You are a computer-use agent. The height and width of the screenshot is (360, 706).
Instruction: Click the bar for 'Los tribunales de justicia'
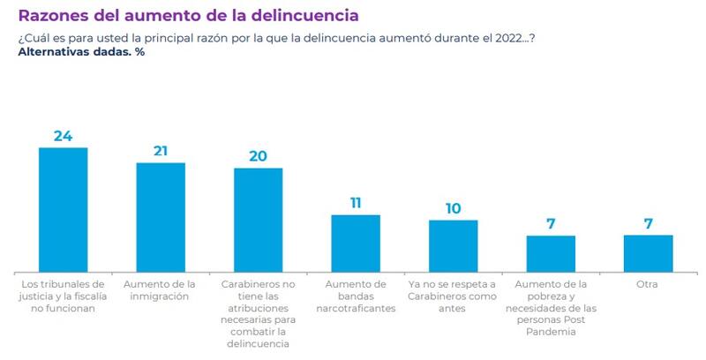click(x=63, y=209)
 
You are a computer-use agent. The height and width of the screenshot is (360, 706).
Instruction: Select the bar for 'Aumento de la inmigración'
click(x=161, y=217)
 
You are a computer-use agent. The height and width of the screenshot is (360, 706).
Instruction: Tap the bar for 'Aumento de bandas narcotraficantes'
click(x=356, y=243)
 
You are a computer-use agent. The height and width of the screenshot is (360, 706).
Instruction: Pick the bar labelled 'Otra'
click(x=648, y=253)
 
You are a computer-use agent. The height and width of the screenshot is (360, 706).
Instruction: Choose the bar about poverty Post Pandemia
click(x=551, y=253)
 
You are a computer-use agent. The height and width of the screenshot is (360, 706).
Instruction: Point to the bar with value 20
click(x=258, y=220)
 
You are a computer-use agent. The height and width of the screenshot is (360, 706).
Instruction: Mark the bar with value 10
click(x=453, y=245)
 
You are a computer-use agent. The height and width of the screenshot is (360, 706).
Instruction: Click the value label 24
click(x=63, y=136)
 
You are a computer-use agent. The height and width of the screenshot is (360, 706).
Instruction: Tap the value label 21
click(x=161, y=151)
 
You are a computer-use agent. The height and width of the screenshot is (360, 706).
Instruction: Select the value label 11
click(x=356, y=203)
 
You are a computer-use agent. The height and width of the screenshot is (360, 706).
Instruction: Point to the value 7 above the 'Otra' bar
click(x=648, y=223)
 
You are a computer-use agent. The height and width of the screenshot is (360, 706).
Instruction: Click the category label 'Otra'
click(x=648, y=285)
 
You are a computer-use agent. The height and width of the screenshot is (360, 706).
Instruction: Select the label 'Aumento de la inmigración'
click(x=161, y=291)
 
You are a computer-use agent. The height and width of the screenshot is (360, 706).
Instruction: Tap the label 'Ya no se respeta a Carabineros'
click(x=453, y=291)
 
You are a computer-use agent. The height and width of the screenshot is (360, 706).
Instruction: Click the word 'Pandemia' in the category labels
click(x=551, y=332)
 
